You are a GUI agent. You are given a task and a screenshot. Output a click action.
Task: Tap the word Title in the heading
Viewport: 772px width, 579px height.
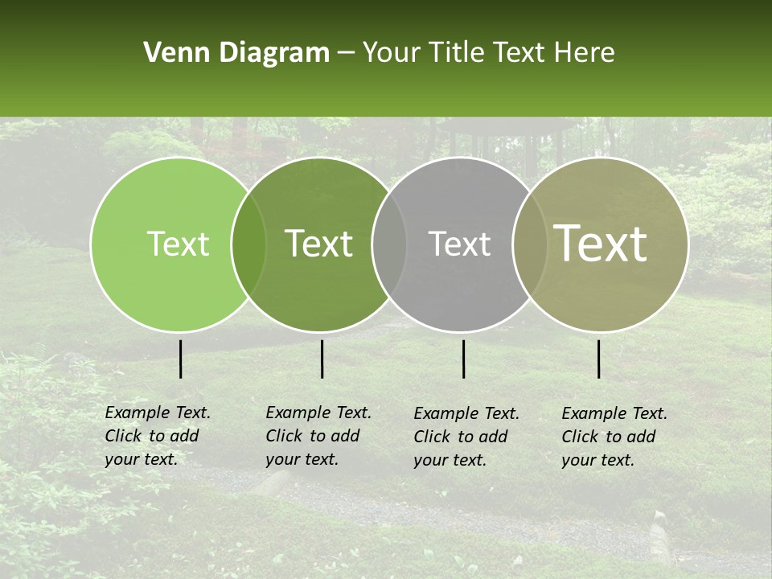pyautogui.click(x=456, y=53)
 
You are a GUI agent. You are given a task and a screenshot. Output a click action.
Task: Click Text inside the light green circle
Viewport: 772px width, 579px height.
pyautogui.click(x=178, y=244)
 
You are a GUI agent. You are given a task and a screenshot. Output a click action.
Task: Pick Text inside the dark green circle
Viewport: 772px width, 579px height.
pyautogui.click(x=319, y=244)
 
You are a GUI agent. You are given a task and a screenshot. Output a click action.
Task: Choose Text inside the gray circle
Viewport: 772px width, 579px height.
pyautogui.click(x=459, y=244)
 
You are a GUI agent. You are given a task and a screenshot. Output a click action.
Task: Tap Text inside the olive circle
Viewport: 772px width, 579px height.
pyautogui.click(x=601, y=244)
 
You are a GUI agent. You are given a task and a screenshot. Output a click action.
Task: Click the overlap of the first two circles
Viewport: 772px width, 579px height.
pyautogui.click(x=248, y=244)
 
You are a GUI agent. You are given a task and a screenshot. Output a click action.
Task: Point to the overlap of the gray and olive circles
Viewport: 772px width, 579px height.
pyautogui.click(x=530, y=244)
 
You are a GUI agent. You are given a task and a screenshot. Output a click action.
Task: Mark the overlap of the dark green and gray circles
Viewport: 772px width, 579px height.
pyautogui.click(x=389, y=244)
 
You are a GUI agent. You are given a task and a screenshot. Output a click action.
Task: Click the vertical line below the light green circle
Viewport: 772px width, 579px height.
pyautogui.click(x=180, y=359)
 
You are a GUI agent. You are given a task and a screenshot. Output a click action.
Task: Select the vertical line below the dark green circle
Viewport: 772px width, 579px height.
pyautogui.click(x=322, y=359)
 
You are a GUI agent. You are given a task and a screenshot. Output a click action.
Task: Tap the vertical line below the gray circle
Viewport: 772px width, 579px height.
pyautogui.click(x=464, y=359)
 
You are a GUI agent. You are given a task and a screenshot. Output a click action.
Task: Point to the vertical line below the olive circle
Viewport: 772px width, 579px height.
pyautogui.click(x=599, y=359)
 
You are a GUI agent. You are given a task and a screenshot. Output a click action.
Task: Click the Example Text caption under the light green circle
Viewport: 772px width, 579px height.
pyautogui.click(x=157, y=436)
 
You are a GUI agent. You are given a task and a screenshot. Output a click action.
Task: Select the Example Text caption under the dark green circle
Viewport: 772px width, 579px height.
pyautogui.click(x=318, y=436)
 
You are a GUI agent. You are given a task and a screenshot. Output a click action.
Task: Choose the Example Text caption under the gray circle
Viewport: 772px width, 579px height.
pyautogui.click(x=466, y=437)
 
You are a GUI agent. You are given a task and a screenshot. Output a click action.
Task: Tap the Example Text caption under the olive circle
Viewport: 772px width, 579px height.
pyautogui.click(x=614, y=437)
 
